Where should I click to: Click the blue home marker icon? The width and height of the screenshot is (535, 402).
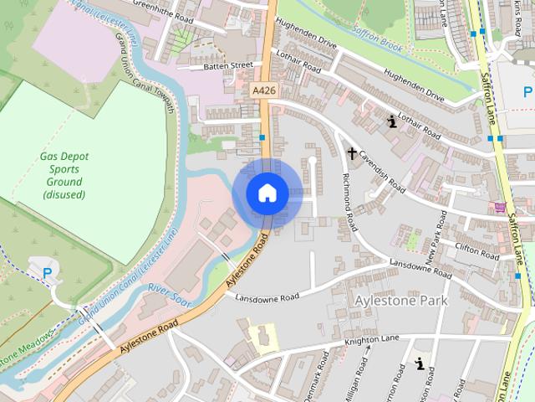coord(267,193)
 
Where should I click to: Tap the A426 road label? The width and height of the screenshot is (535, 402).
coord(262,86)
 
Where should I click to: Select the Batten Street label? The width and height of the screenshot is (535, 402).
coord(229,64)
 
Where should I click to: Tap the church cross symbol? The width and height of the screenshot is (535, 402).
coord(352,153)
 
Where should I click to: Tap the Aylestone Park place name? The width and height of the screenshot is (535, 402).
coord(401,300)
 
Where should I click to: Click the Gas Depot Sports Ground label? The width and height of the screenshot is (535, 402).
coord(64,175)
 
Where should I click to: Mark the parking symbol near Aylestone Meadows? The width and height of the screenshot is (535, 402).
coord(47,272)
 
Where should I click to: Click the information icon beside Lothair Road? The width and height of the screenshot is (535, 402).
coord(391,123)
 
